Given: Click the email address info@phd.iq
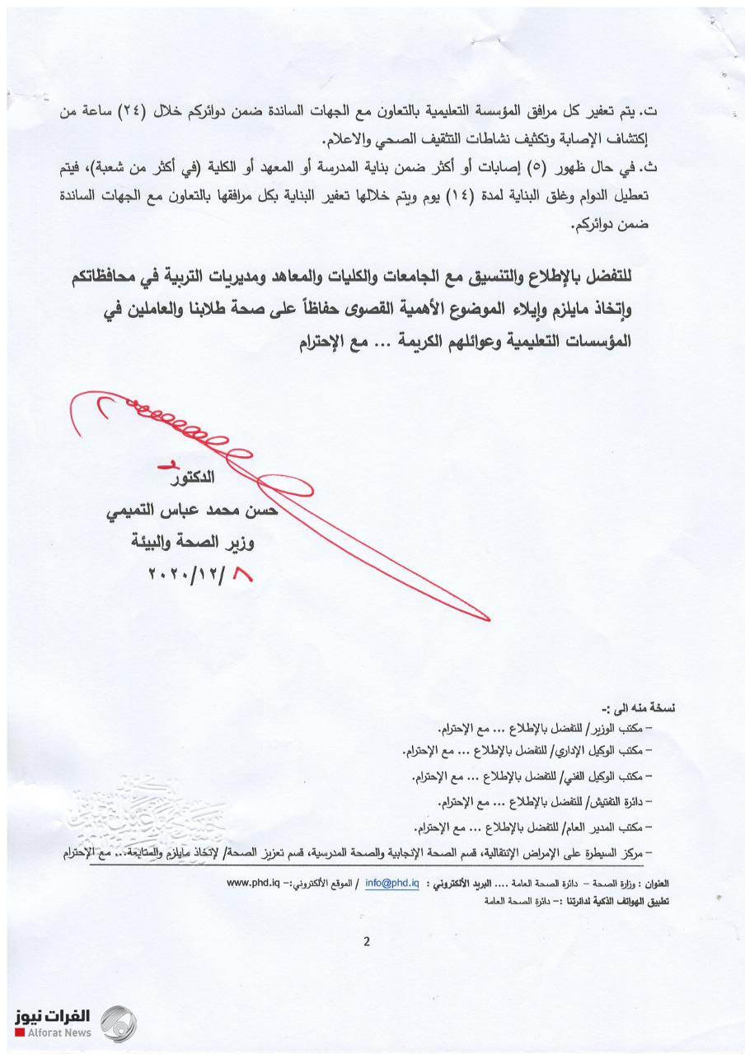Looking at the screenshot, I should coord(396,883).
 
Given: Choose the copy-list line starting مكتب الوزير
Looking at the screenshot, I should coord(544,730).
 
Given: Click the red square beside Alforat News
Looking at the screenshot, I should coord(18,1033).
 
